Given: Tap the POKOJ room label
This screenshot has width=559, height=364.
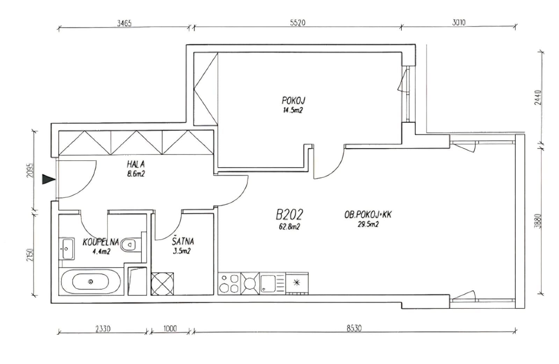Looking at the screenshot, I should tap(293, 101).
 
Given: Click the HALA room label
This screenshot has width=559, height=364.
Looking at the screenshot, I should tap(136, 164).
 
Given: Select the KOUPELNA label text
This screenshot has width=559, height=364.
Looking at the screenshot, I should tap(101, 242).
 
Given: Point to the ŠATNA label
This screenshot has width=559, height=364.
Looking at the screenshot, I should tap(183, 241).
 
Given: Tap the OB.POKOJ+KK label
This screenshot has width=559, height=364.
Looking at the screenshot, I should tap(368, 214).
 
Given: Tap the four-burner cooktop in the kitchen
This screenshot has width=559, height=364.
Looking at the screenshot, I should tap(229, 283).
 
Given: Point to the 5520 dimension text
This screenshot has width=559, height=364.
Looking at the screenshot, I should tap(298, 23).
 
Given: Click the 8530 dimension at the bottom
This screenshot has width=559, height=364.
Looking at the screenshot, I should tap(354, 328).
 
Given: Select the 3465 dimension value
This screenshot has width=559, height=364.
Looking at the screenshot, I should tap(124, 23).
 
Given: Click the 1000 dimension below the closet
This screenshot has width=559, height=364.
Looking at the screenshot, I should tap(170, 328).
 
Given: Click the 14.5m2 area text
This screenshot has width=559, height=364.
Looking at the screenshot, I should tap(293, 110).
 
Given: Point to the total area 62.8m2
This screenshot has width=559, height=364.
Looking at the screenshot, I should tap(289, 227).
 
